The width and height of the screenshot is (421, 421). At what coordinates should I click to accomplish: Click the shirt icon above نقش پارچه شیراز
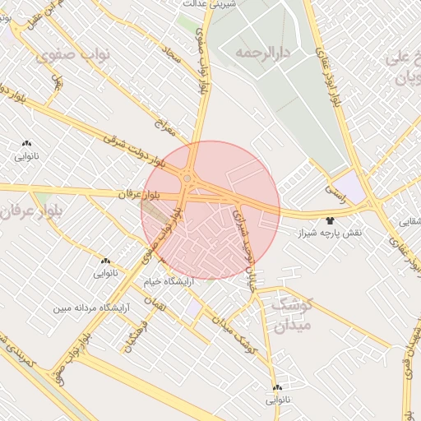click(331, 220)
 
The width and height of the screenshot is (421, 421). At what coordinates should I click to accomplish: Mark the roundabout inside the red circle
click(188, 178)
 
